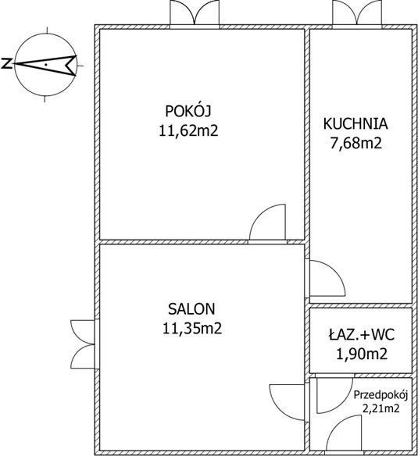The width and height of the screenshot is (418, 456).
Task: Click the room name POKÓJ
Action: click(188, 111)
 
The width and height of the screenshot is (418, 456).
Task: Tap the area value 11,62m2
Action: click(188, 130)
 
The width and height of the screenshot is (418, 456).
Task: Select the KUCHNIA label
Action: click(355, 123)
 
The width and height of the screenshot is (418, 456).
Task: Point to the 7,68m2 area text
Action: click(355, 143)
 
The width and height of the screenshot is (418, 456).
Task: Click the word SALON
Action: click(191, 309)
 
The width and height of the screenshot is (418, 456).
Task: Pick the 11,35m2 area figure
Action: click(192, 329)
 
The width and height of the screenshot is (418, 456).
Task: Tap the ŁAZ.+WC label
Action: click(362, 334)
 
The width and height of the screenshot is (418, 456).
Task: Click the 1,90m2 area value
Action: click(362, 354)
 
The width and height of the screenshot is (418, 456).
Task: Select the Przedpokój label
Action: click(380, 396)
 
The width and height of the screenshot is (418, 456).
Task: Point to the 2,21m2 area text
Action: click(380, 409)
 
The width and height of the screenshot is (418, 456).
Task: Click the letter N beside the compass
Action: click(6, 63)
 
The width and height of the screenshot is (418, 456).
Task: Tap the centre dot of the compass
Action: click(45, 65)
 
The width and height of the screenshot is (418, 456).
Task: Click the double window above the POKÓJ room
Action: click(195, 13)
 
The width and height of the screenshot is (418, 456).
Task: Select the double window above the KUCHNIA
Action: click(357, 13)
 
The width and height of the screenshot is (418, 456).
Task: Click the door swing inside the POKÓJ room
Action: click(268, 223)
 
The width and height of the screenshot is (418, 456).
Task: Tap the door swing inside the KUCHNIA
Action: click(327, 278)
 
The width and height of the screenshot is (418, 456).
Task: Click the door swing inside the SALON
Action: click(288, 402)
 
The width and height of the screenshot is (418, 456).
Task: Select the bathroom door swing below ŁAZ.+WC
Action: click(334, 396)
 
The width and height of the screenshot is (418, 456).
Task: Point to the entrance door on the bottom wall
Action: click(344, 433)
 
